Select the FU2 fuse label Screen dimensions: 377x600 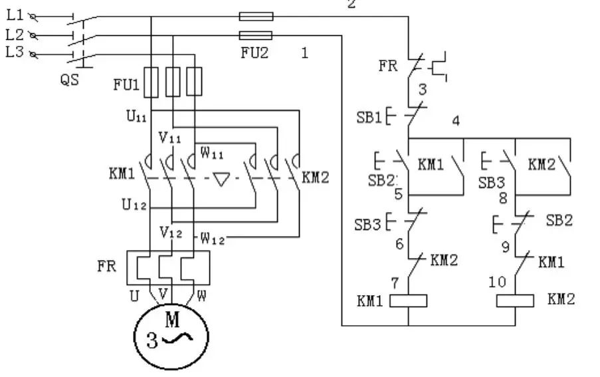pos(254,53)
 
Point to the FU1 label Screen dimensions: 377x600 pos(126,84)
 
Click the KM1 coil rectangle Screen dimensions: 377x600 pos(407,301)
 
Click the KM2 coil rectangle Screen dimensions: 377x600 pos(516,301)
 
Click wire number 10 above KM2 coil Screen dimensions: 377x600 pos(498,282)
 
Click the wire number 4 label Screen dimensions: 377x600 pos(456,121)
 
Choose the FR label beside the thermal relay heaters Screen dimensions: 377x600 pos(107,267)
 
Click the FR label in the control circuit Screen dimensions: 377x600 pos(389,66)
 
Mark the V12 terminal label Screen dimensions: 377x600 pos(170,232)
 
